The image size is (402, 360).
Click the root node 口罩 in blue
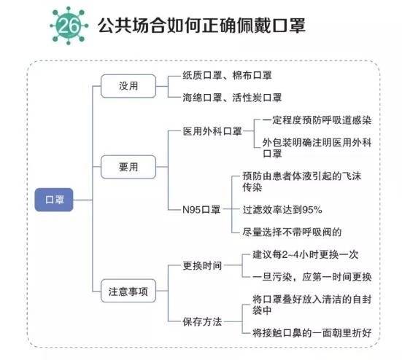pos(54,199)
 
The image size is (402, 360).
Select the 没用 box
pos(128,86)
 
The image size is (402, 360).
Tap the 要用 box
pos(128,165)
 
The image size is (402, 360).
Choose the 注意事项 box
pos(128,291)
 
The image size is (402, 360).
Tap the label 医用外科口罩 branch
pos(213,132)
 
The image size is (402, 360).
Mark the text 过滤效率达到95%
pos(282,210)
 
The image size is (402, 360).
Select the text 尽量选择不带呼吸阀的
pos(292,232)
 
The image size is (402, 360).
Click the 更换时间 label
pos(202,265)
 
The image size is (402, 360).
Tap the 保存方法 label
pos(202,321)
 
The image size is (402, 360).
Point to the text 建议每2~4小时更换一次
pos(305,254)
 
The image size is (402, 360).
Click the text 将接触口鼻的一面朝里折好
pos(312,332)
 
